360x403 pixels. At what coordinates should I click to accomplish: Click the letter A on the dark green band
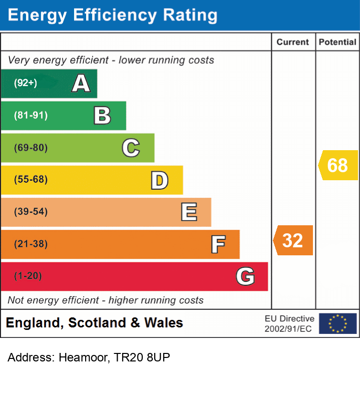tap(81, 84)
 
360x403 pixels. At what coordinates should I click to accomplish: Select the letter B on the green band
tap(102, 116)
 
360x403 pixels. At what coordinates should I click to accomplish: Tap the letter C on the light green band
tap(131, 148)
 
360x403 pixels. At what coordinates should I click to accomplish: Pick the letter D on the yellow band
tap(159, 180)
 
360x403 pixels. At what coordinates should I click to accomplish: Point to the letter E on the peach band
tap(188, 212)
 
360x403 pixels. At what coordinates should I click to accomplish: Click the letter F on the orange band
tap(217, 244)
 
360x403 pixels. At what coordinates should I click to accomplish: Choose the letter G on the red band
tap(245, 276)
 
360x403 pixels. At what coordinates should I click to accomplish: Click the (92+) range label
tap(26, 83)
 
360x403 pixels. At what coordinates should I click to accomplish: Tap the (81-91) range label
tap(31, 116)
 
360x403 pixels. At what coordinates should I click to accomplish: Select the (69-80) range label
tap(31, 148)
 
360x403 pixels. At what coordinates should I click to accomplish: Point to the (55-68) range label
tap(31, 180)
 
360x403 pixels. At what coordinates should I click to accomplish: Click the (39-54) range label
tap(31, 212)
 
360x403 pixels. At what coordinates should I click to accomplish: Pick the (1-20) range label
tap(28, 276)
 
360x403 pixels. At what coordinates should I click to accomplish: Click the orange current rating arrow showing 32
tap(293, 240)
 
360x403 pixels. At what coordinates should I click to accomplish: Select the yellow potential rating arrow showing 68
tap(338, 165)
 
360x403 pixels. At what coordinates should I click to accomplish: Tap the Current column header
tap(293, 42)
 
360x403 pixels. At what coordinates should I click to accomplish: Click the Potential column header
tap(337, 42)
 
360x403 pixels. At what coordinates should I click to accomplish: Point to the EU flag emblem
tap(337, 323)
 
